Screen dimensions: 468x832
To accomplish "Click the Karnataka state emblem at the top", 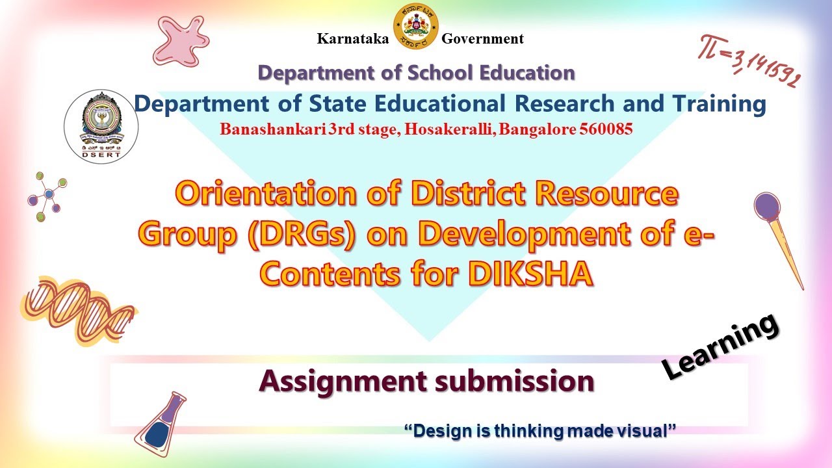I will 416,26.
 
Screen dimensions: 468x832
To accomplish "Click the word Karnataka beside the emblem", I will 353,39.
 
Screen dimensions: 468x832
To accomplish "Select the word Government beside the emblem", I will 482,39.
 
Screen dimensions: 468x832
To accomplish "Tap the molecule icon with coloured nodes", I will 47,196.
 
